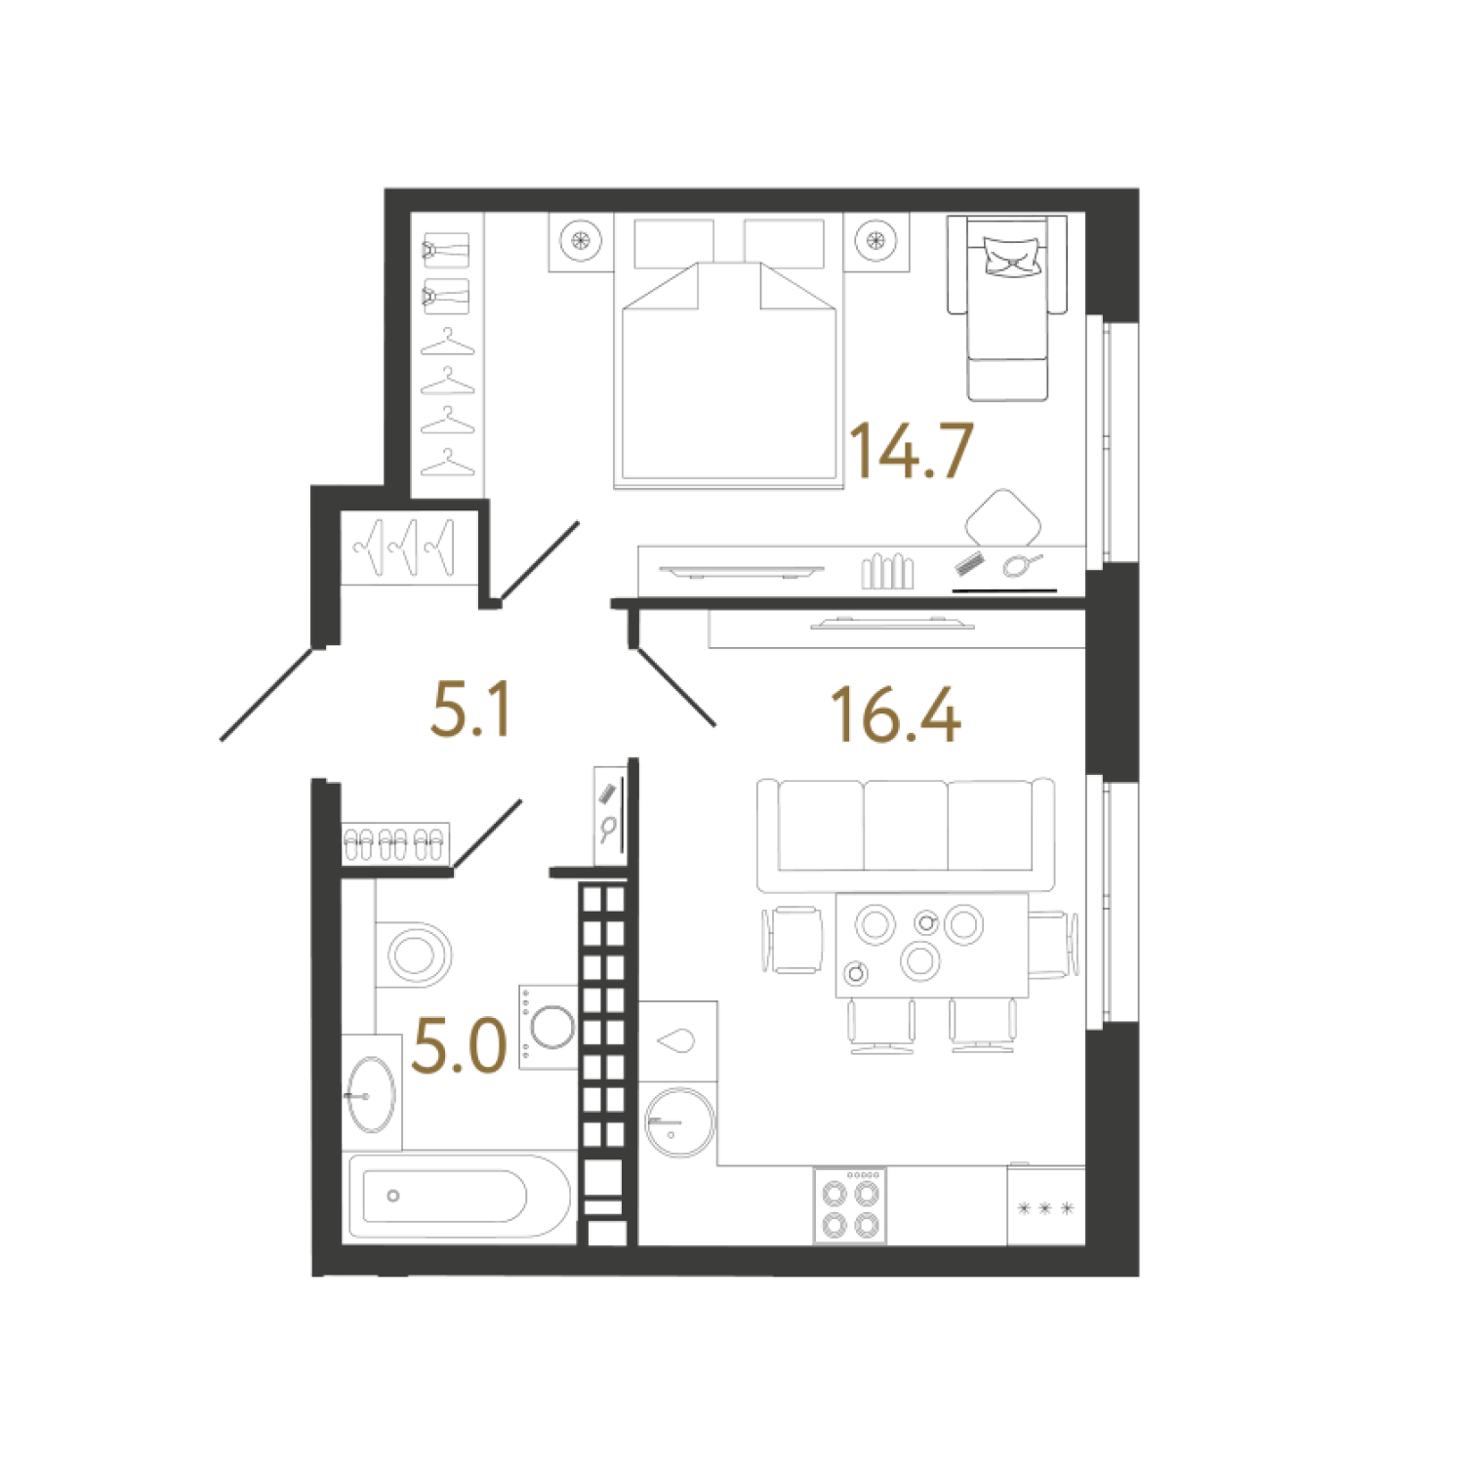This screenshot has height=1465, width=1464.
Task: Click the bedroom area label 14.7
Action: click(x=912, y=451)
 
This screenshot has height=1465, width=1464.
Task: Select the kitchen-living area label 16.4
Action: click(x=896, y=715)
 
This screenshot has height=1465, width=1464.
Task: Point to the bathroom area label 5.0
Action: click(x=460, y=1045)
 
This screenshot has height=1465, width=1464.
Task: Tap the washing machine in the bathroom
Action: click(x=549, y=1027)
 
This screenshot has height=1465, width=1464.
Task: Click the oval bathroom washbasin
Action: click(x=371, y=1094)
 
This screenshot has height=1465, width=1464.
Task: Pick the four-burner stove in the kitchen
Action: click(x=850, y=1206)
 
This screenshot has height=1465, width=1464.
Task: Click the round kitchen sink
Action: click(x=679, y=1121)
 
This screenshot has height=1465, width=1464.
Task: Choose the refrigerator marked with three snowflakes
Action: click(x=1045, y=1206)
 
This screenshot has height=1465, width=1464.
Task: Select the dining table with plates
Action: click(x=931, y=945)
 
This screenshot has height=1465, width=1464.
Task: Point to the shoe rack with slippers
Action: click(x=395, y=843)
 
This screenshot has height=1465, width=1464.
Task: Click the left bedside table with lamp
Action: click(x=581, y=240)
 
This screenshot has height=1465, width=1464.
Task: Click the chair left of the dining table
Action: click(x=793, y=940)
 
